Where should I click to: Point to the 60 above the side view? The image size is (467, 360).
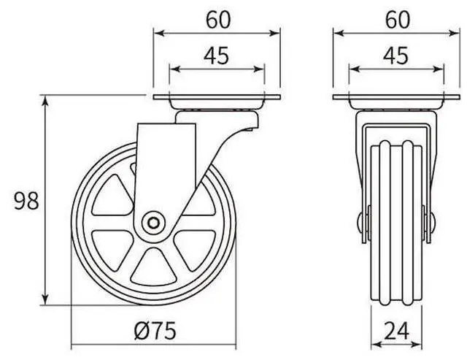click(217, 20)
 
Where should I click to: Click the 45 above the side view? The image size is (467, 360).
click(217, 55)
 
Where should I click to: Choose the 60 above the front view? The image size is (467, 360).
click(397, 20)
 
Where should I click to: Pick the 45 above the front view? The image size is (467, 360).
click(397, 55)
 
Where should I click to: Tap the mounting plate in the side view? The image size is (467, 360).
click(217, 99)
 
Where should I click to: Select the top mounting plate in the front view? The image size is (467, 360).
click(397, 99)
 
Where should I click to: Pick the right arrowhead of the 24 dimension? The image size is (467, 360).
click(420, 343)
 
